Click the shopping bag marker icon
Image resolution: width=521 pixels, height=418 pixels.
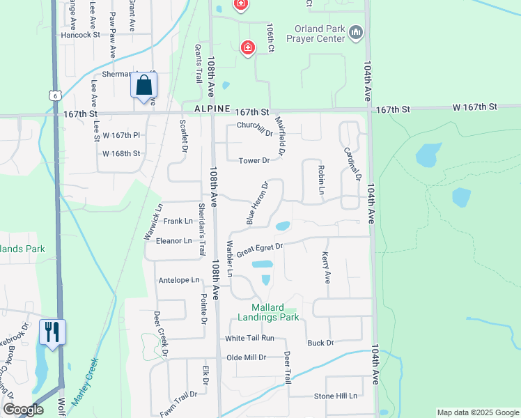coord(143,86)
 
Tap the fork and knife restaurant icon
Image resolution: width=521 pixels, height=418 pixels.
coord(52,332)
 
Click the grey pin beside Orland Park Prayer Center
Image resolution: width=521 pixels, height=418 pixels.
coord(357,33)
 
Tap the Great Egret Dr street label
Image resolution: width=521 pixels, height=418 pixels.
coord(259,249)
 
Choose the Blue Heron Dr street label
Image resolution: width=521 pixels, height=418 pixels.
coord(257,203)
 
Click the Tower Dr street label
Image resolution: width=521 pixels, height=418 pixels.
coord(254,161)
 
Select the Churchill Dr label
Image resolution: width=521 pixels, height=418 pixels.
coord(255,128)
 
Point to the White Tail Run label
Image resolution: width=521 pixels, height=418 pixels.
coord(249,338)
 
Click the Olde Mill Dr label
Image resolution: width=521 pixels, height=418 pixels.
coord(247,357)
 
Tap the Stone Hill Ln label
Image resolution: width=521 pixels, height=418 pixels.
coord(335,396)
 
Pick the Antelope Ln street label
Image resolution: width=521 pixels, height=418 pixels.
coord(179,280)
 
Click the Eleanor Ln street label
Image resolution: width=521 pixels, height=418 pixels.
coord(173,241)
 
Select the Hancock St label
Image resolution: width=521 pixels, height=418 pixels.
coord(81,34)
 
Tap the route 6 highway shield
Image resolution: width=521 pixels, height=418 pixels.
coord(54,94)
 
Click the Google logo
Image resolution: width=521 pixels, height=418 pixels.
coord(23,410)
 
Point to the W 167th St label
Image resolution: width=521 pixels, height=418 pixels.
coord(474,107)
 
